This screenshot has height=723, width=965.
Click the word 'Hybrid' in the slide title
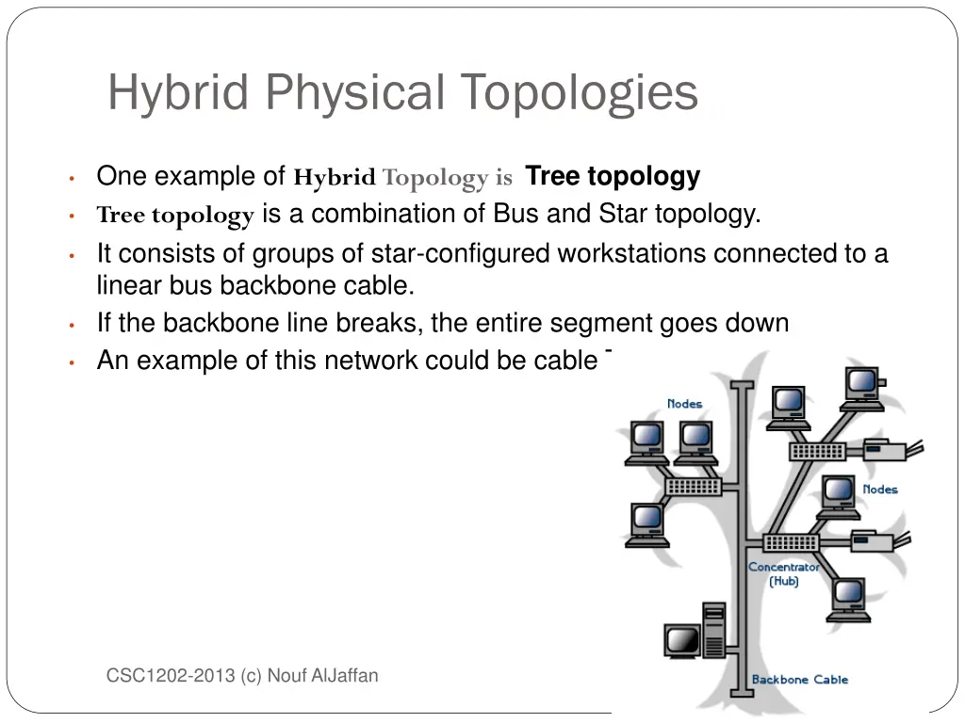pyautogui.click(x=176, y=92)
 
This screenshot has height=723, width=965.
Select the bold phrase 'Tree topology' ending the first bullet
pyautogui.click(x=613, y=176)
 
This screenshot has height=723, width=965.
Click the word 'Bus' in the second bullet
pyautogui.click(x=515, y=214)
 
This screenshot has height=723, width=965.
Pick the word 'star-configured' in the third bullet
pyautogui.click(x=461, y=253)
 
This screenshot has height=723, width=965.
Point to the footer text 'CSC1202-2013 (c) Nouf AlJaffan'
pyautogui.click(x=242, y=675)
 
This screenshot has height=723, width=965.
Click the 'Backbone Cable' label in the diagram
pyautogui.click(x=799, y=679)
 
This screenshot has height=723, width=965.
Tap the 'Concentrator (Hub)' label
pyautogui.click(x=783, y=573)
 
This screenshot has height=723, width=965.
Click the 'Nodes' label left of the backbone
pyautogui.click(x=684, y=404)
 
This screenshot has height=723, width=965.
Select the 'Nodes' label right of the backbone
pyautogui.click(x=879, y=490)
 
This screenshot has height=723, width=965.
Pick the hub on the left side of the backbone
pyautogui.click(x=694, y=486)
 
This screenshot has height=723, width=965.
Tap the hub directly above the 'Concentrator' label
pyautogui.click(x=791, y=543)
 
